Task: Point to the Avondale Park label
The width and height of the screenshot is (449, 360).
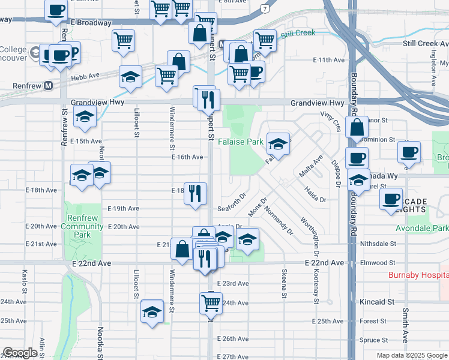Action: tap(422, 228)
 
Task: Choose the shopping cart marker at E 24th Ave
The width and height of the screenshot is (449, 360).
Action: tap(211, 303)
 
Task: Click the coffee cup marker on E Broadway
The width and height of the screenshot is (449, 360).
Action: tap(56, 10)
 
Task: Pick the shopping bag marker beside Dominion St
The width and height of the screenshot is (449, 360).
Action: tap(357, 128)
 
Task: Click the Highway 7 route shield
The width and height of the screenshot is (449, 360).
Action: tap(265, 9)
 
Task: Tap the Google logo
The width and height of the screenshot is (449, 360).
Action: tap(20, 353)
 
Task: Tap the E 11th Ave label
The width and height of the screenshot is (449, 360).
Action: tap(330, 60)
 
